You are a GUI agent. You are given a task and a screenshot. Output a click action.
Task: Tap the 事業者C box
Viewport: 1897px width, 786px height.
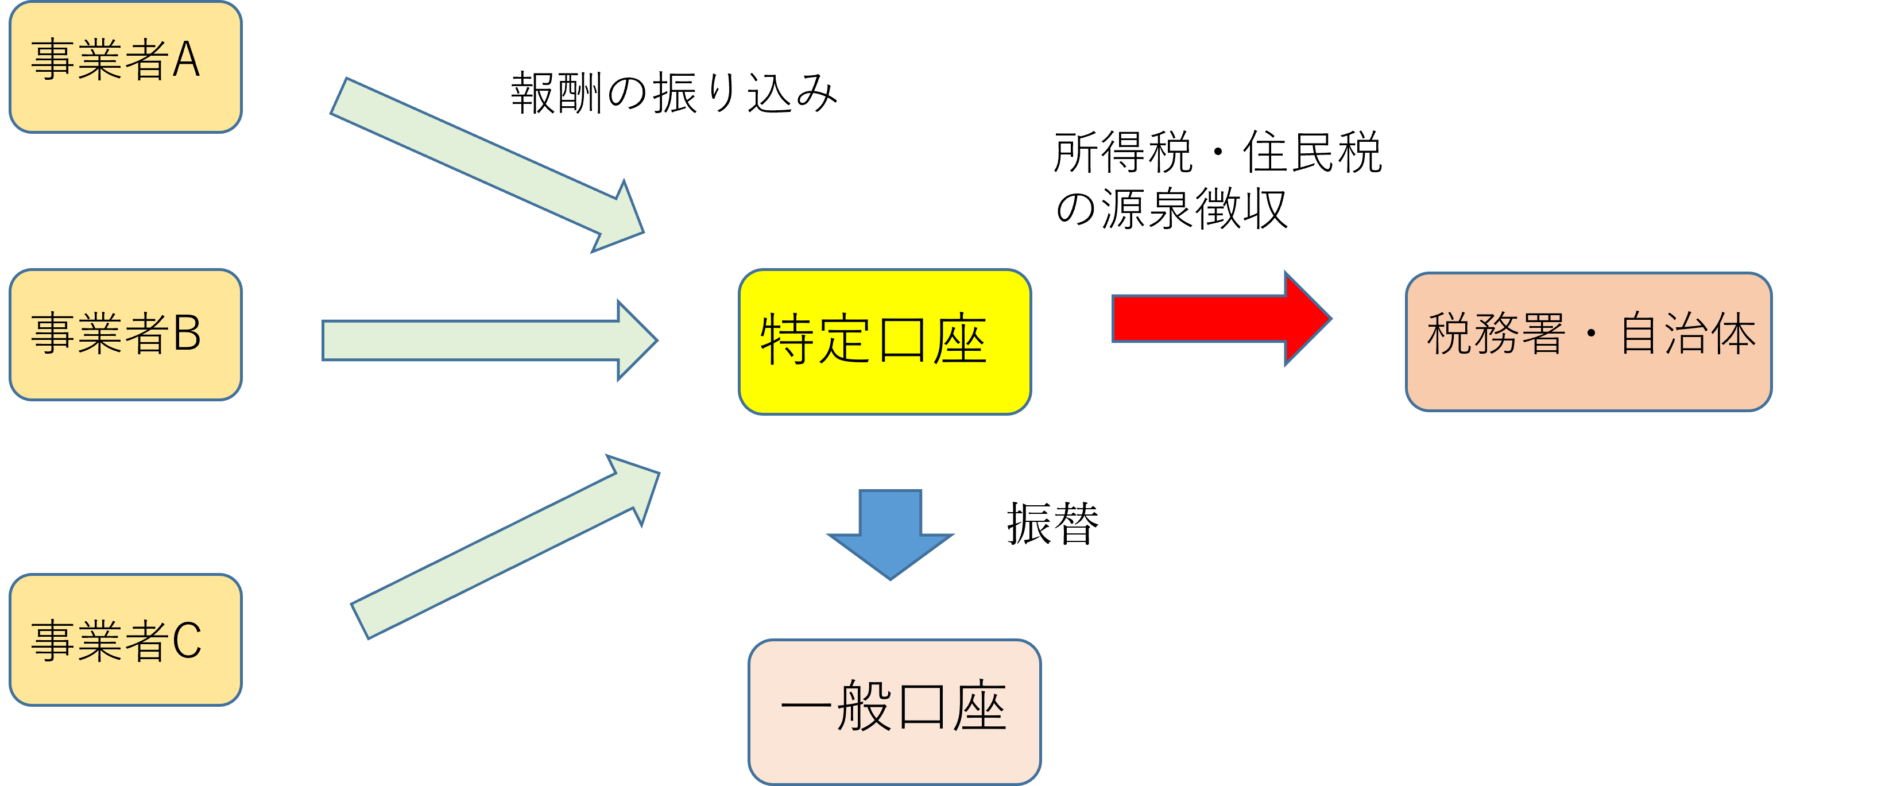click(x=125, y=640)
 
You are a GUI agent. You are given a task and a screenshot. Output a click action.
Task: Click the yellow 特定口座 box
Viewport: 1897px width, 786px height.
click(x=884, y=342)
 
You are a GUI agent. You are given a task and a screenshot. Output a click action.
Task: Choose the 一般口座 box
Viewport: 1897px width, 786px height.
click(x=894, y=711)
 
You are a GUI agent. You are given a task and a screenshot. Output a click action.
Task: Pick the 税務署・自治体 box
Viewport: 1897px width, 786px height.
click(x=1589, y=342)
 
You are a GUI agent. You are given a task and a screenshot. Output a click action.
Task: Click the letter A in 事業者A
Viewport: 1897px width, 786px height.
click(x=186, y=60)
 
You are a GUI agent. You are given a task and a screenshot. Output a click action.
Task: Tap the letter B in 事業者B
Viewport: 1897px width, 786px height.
click(x=187, y=333)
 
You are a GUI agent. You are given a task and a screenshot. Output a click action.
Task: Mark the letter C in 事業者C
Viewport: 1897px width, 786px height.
click(x=187, y=640)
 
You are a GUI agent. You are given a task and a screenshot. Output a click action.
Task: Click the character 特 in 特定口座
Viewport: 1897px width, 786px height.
click(x=787, y=339)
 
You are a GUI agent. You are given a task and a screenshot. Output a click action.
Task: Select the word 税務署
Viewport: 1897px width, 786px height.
click(x=1496, y=334)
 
